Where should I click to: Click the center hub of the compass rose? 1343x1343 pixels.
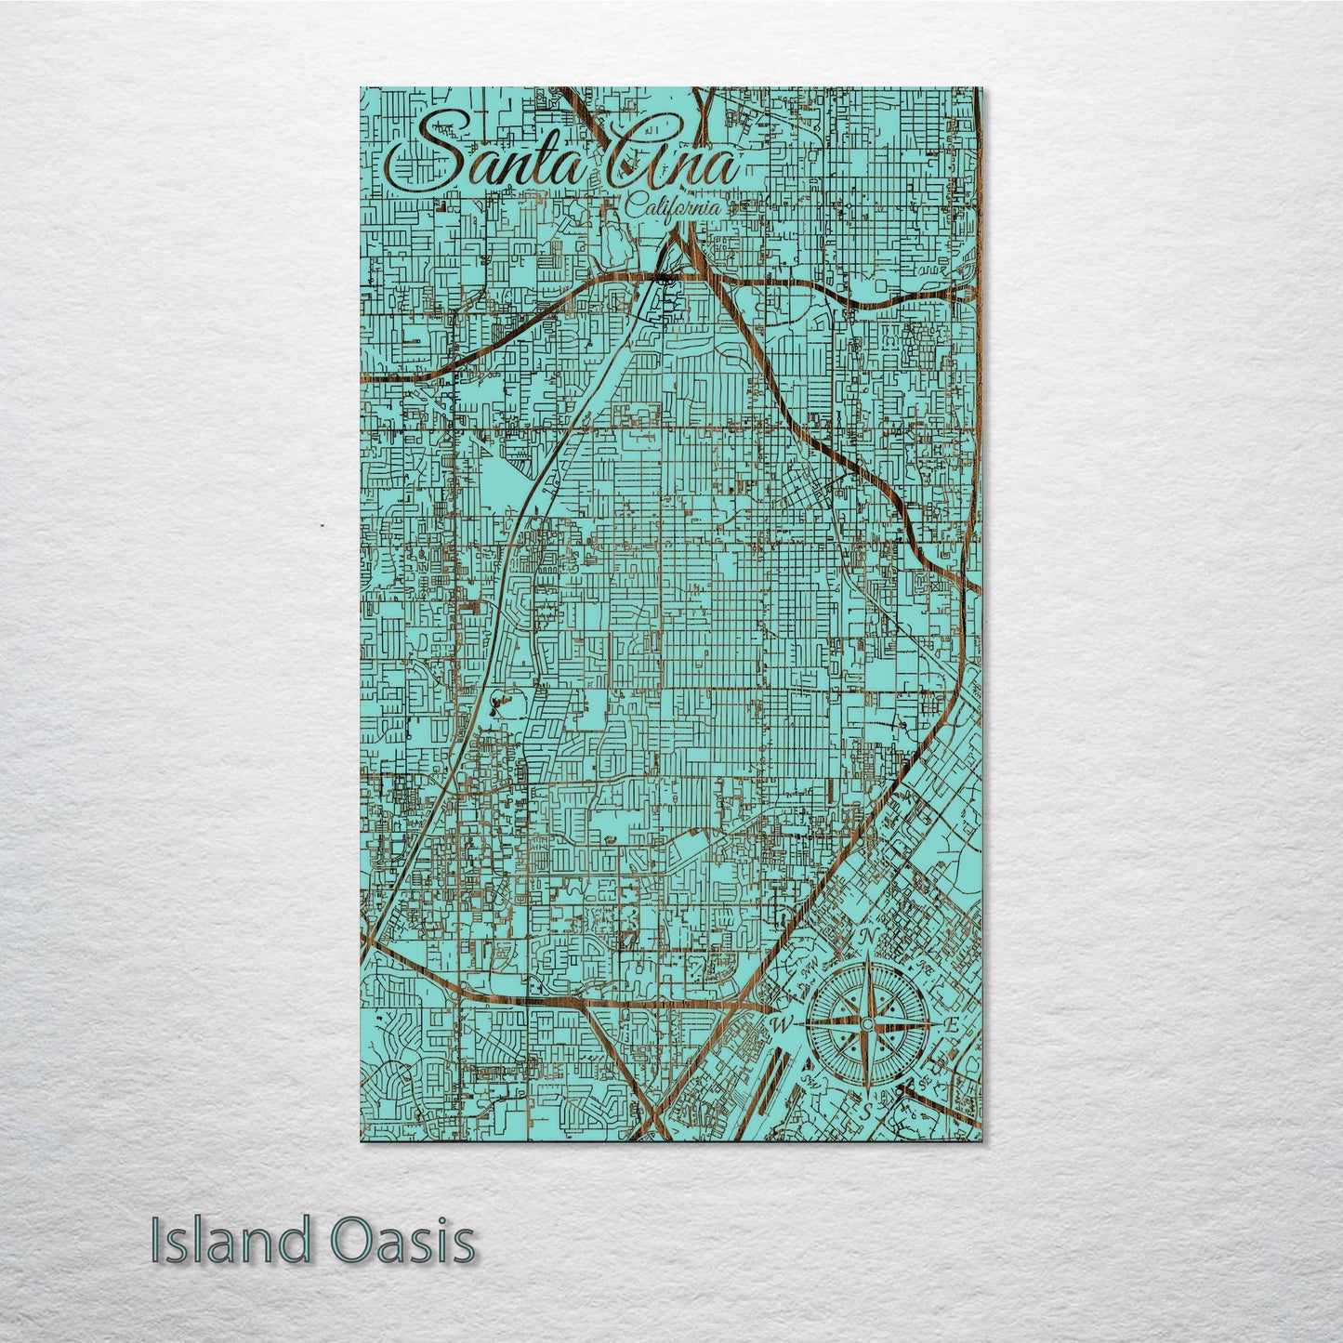tap(866, 1024)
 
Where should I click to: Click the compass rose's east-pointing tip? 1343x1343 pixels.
tap(935, 1024)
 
